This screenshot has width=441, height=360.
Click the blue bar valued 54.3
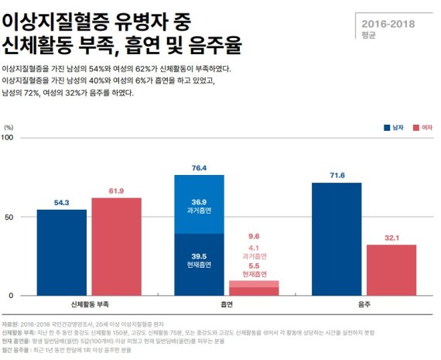(x=61, y=252)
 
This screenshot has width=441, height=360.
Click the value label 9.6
(x=255, y=235)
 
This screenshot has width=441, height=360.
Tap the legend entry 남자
(x=399, y=127)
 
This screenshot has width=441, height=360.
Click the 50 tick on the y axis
(x=9, y=217)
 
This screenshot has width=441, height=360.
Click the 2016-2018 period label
(x=388, y=23)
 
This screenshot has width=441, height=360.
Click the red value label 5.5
(x=255, y=265)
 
